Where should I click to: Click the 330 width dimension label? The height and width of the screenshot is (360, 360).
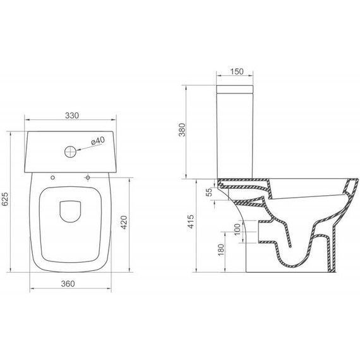coord(71,115)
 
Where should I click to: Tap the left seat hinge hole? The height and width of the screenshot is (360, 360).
coord(52,177)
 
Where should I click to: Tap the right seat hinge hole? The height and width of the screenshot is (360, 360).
coord(88,177)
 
